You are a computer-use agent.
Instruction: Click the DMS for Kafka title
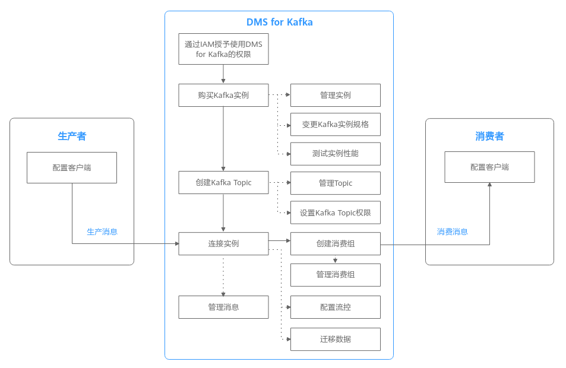pyautogui.click(x=279, y=23)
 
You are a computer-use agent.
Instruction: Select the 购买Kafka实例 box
pyautogui.click(x=223, y=95)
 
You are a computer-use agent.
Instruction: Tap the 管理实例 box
pyautogui.click(x=335, y=95)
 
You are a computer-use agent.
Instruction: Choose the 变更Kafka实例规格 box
pyautogui.click(x=335, y=124)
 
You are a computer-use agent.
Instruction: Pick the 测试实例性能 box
pyautogui.click(x=335, y=154)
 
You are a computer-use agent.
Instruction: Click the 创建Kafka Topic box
pyautogui.click(x=223, y=182)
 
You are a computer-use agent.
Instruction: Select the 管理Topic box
pyautogui.click(x=335, y=183)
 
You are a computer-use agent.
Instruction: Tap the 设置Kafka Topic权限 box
pyautogui.click(x=335, y=212)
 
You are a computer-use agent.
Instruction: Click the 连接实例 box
pyautogui.click(x=223, y=243)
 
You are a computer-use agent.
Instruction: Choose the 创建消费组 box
pyautogui.click(x=335, y=243)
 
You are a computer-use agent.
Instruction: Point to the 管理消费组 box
pyautogui.click(x=335, y=275)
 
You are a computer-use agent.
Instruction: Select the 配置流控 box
pyautogui.click(x=335, y=307)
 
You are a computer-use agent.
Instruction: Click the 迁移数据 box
pyautogui.click(x=335, y=339)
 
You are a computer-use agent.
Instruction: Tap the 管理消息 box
pyautogui.click(x=223, y=307)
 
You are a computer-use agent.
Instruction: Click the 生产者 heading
pyautogui.click(x=72, y=137)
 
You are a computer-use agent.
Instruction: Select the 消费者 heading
pyautogui.click(x=489, y=137)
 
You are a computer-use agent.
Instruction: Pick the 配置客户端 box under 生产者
pyautogui.click(x=72, y=167)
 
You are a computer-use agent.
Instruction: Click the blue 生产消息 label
pyautogui.click(x=102, y=231)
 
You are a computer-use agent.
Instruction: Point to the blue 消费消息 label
pyautogui.click(x=453, y=231)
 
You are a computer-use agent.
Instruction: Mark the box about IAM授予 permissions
pyautogui.click(x=223, y=49)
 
